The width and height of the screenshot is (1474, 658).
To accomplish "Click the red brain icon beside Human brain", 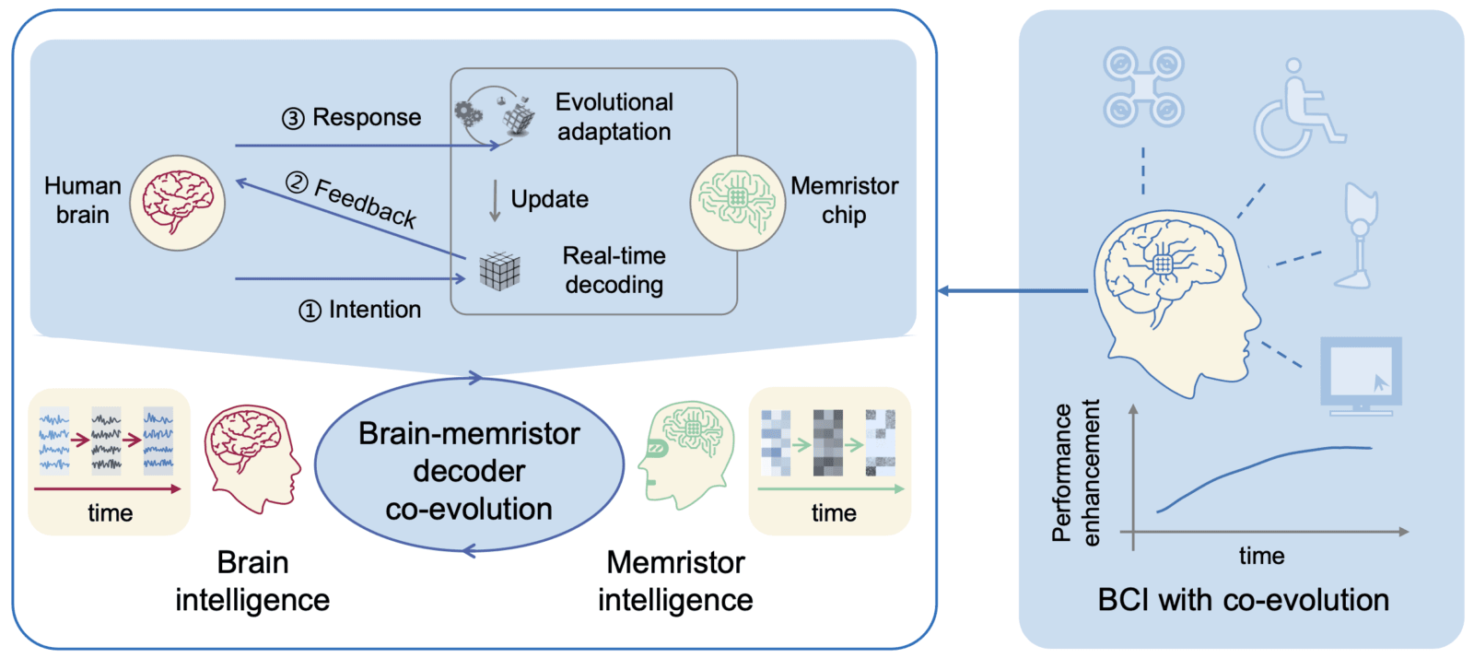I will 178,203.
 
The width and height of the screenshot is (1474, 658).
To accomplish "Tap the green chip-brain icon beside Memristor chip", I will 737,203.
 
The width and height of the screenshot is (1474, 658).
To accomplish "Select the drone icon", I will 1143,88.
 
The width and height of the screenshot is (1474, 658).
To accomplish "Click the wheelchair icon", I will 1297,111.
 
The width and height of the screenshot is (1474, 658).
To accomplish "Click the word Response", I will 367,118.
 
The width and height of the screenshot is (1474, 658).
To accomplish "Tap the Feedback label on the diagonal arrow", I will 365,203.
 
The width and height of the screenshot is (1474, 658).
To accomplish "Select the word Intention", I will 374,310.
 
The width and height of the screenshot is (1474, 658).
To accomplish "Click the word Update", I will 549,199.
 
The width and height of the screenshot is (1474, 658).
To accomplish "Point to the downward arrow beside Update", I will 495,200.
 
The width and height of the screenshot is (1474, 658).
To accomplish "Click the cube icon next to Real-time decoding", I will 500,271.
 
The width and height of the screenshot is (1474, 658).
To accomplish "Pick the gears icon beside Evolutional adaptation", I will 469,114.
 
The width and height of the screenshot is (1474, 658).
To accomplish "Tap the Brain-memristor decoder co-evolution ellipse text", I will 469,471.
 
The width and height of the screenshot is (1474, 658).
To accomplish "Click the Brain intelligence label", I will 252,582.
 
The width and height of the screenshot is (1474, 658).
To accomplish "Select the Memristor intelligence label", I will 675,582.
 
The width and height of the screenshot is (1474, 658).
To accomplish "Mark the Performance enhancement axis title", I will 1076,472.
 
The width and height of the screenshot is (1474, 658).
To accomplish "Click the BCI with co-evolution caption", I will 1243,600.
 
